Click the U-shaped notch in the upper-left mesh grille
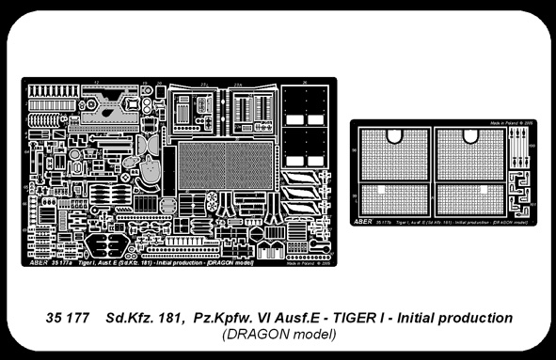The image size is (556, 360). pyautogui.click(x=394, y=134)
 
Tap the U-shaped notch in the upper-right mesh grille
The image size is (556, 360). pyautogui.click(x=471, y=134)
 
